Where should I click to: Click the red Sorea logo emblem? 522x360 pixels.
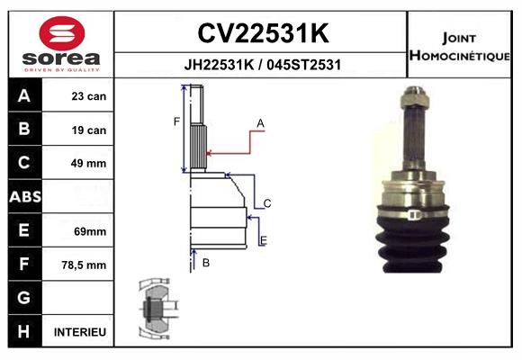click(62, 33)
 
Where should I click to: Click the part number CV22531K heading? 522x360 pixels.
click(263, 33)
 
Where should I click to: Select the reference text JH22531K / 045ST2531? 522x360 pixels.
click(262, 65)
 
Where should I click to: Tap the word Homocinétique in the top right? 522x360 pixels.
click(459, 55)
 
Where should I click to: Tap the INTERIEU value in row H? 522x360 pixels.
click(80, 332)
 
